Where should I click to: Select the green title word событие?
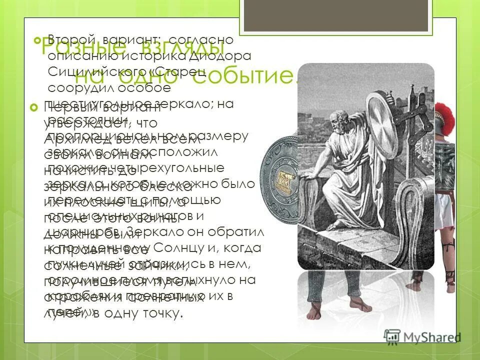coord(245,76)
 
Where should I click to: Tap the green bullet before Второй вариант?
coord(35,39)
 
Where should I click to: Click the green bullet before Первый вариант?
coord(34,108)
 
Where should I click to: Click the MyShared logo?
coord(422,336)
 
